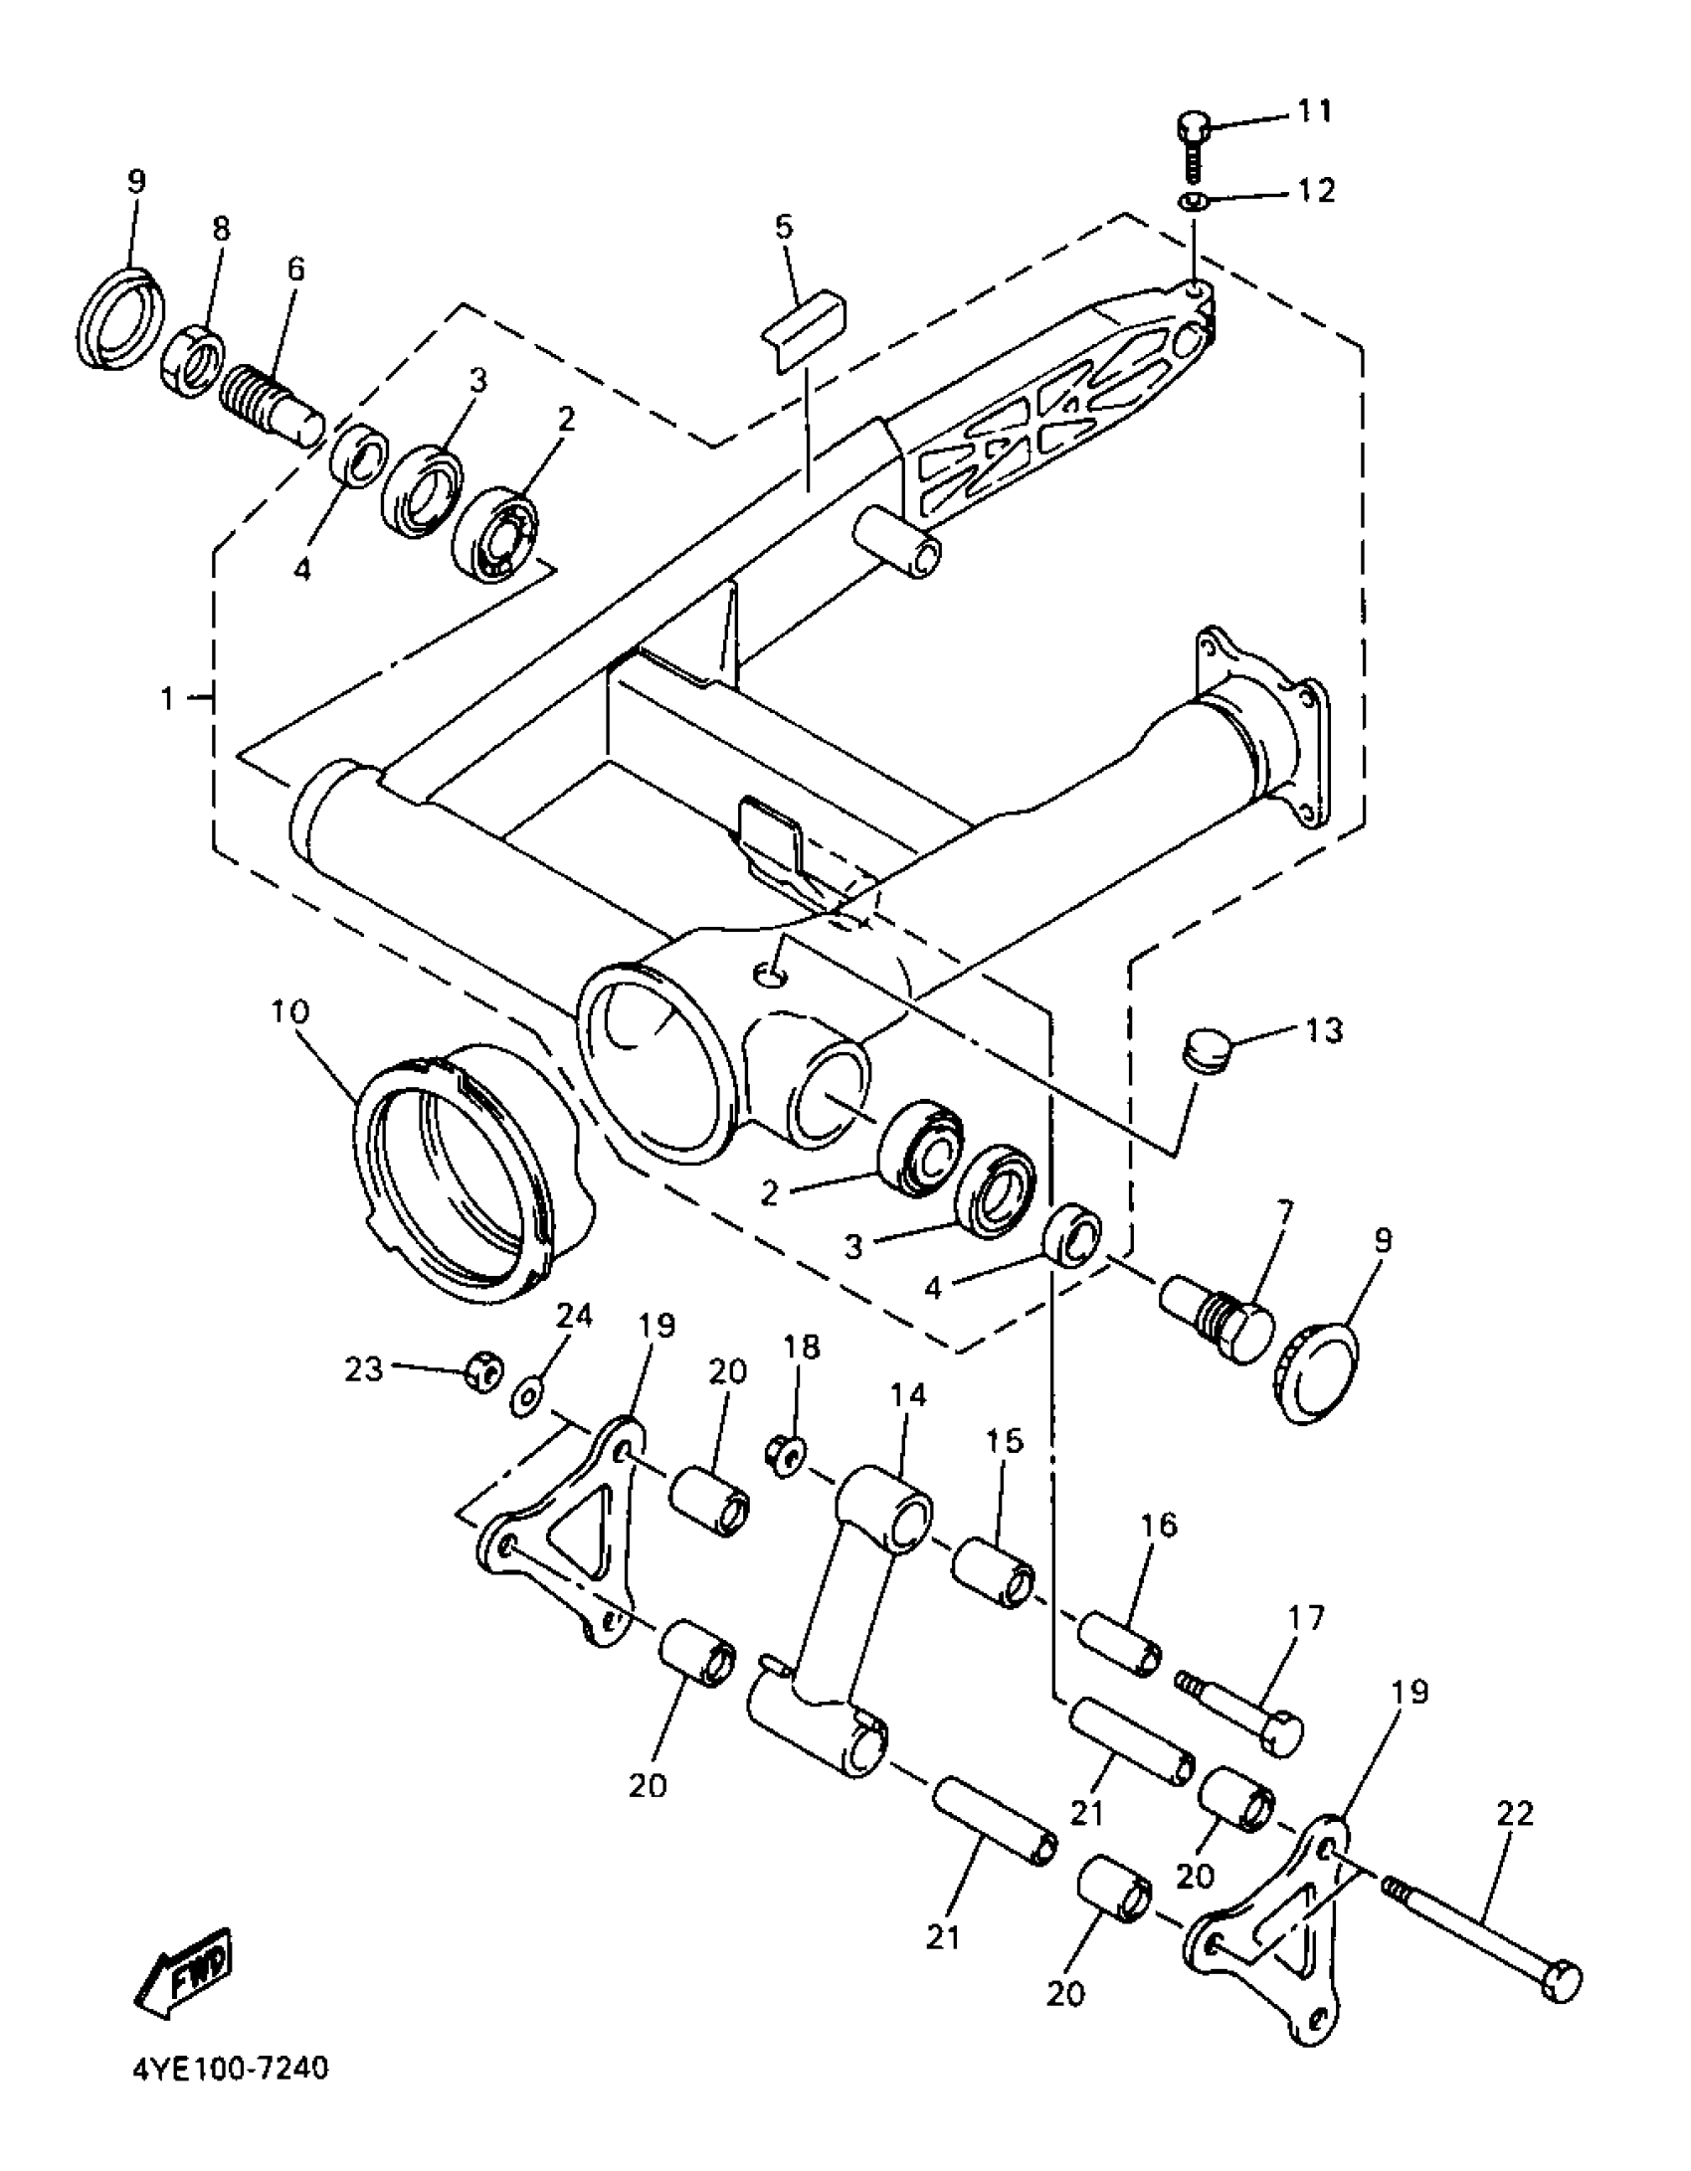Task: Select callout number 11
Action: (x=1314, y=111)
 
